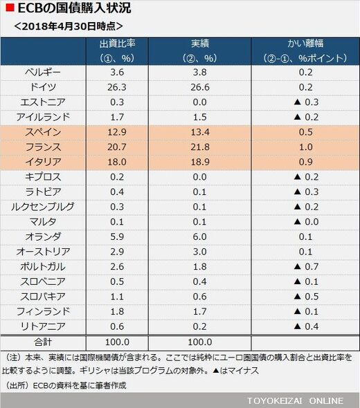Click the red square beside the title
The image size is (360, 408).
[10, 8]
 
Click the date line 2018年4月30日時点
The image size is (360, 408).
[69, 26]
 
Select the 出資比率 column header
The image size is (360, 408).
[117, 44]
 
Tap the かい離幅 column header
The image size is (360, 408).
[305, 44]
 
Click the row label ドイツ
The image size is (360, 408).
[43, 87]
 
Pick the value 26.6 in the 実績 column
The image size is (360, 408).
[200, 87]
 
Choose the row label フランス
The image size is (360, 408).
[43, 147]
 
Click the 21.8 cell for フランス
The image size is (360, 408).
[200, 147]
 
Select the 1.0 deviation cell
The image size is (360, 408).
[305, 147]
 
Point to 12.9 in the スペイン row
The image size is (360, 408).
[117, 132]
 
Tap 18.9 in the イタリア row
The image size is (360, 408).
[200, 162]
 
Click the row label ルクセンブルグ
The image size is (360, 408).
[43, 207]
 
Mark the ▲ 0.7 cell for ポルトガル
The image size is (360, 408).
[306, 267]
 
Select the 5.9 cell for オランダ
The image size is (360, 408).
[117, 237]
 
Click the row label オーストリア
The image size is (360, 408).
[43, 251]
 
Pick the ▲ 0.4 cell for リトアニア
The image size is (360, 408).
[306, 326]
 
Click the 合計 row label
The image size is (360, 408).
[43, 342]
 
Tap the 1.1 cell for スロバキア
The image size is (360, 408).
[117, 297]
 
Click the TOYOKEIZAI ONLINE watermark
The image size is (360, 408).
[295, 400]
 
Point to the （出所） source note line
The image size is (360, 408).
[65, 385]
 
